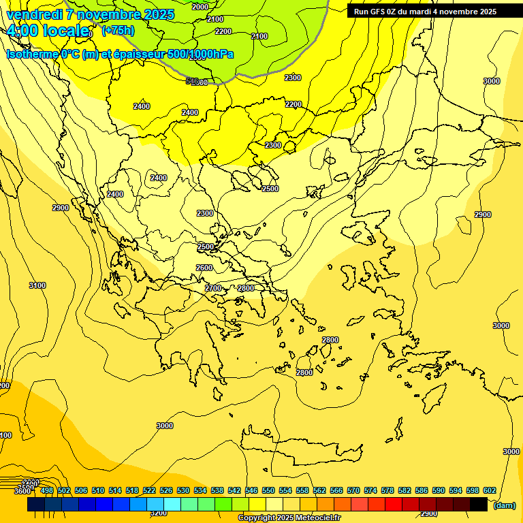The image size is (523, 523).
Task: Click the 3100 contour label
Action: (37, 285)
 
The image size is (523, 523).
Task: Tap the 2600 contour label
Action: (204, 268)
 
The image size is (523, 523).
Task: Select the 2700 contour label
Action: (213, 288)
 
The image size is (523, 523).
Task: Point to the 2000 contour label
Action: (200, 7)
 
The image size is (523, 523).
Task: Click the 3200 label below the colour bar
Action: (158, 513)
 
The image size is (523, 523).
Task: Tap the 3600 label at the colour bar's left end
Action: (22, 491)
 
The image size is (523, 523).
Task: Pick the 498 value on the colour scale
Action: (46, 491)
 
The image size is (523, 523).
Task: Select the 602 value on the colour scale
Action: (489, 491)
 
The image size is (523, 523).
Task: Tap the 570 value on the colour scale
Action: (353, 491)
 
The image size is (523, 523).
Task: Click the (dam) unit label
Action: (504, 505)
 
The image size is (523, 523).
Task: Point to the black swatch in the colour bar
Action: (479, 504)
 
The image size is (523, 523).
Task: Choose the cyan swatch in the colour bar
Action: (172, 504)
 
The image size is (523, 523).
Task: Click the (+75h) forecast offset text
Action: (118, 31)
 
